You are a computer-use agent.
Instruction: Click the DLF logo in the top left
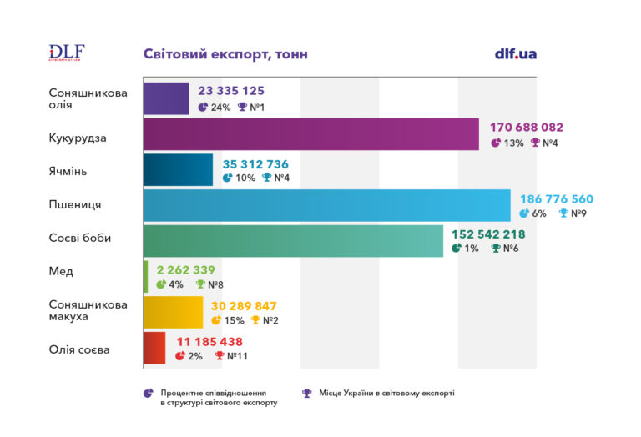tap(67, 53)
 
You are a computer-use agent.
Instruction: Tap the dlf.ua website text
tap(515, 53)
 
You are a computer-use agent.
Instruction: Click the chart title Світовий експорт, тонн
tap(225, 54)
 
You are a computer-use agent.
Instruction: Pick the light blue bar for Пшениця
tap(326, 205)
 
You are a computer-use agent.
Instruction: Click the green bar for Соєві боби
tap(293, 240)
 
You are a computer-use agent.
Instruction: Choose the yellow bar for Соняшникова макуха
tap(173, 312)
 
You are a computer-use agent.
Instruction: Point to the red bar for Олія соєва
tap(154, 348)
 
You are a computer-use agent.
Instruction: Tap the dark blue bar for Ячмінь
tap(178, 169)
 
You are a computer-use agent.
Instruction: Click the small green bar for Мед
tap(145, 277)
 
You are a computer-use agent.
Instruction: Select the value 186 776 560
tap(558, 199)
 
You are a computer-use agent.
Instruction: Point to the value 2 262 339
tap(184, 269)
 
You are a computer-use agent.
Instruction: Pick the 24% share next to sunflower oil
tap(220, 108)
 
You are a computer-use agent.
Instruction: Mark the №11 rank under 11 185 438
tap(237, 356)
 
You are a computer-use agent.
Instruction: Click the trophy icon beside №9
tap(563, 213)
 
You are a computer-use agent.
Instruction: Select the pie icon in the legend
tap(149, 393)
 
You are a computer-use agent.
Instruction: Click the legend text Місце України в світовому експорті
tap(386, 393)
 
